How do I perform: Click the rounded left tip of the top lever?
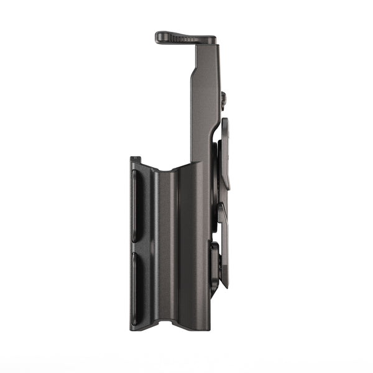[158, 37]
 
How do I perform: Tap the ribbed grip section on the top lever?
[180, 39]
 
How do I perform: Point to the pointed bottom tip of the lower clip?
[225, 285]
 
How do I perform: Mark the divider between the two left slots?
[137, 247]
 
